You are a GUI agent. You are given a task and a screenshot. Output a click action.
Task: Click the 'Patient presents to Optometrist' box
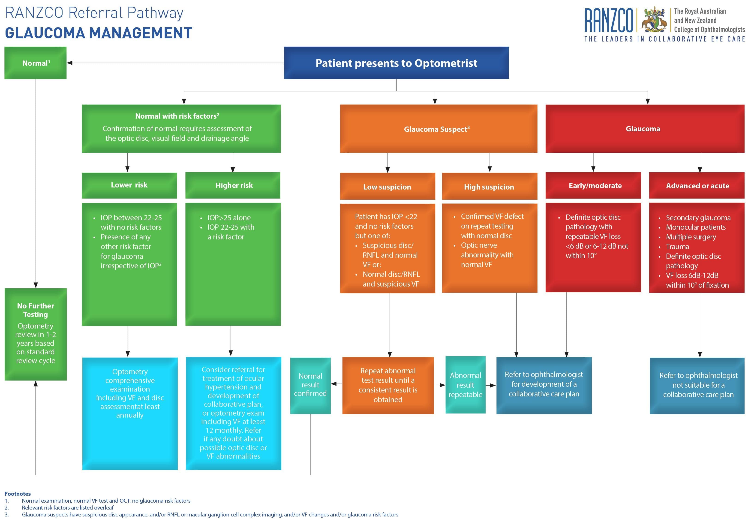[x=396, y=63]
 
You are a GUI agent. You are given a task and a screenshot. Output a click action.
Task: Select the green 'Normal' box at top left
[x=36, y=63]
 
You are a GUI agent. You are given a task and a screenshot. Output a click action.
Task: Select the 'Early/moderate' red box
[x=595, y=185]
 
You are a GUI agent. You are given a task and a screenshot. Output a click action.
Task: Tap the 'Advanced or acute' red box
[x=697, y=186]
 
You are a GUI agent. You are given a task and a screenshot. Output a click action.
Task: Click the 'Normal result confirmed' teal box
[x=310, y=385]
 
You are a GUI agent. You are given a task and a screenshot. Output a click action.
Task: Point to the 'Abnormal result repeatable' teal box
[x=465, y=385]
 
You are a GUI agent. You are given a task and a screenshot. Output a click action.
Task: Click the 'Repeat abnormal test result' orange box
[x=388, y=385]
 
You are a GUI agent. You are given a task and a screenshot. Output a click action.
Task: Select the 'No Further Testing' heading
[x=36, y=310]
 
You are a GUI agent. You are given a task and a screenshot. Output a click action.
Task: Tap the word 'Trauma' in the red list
[x=677, y=247]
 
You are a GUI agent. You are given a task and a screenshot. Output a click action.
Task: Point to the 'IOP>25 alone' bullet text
[x=229, y=217]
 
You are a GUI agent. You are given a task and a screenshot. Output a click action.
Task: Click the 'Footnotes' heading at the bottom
[x=18, y=494]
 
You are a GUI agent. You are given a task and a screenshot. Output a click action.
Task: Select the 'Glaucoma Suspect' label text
[x=436, y=129]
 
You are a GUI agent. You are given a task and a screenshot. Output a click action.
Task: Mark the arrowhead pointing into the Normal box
[x=69, y=63]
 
